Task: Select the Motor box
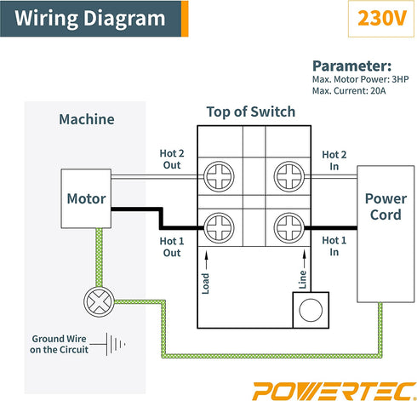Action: (86, 199)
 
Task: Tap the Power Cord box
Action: (386, 206)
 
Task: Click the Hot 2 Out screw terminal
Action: (218, 177)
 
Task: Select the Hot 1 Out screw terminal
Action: (218, 228)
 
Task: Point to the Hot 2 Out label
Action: (171, 159)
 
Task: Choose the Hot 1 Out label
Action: (171, 247)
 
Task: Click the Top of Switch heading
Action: (251, 112)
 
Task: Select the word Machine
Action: (86, 120)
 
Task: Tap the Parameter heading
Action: (351, 66)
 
